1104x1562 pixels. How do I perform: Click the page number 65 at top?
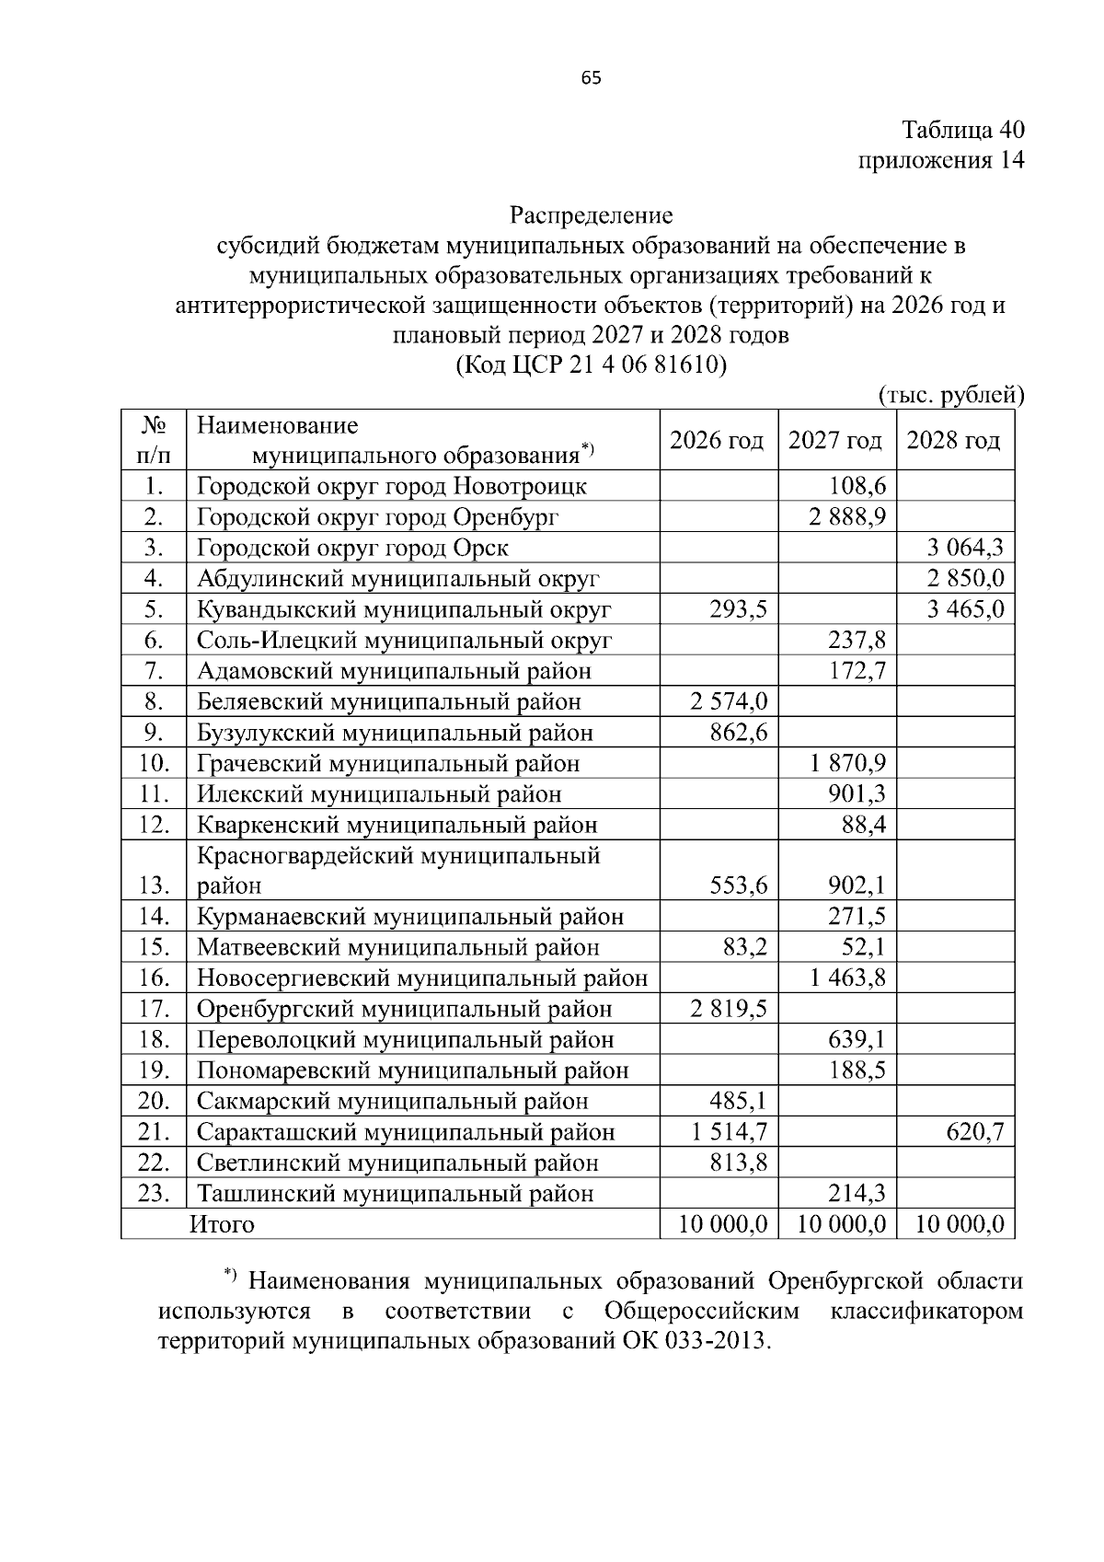tap(592, 78)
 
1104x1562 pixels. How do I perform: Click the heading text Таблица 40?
tap(962, 129)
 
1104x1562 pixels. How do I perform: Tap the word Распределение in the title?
tap(592, 215)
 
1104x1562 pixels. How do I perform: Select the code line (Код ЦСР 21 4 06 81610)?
tap(592, 366)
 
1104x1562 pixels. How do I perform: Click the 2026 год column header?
tap(717, 441)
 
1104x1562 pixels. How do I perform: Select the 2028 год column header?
tap(954, 441)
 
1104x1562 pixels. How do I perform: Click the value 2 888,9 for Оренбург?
tap(847, 517)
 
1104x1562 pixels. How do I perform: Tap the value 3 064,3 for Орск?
tap(965, 549)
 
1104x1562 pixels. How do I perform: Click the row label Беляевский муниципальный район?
tap(389, 702)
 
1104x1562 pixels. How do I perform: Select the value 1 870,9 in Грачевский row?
tap(847, 763)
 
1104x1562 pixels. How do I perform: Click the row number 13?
tap(154, 885)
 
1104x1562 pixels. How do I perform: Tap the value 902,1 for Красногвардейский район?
tap(857, 885)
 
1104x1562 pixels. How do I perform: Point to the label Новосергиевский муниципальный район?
tap(422, 978)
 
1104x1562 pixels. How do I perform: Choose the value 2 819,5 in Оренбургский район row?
tap(729, 1009)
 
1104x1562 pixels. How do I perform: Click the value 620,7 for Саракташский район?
tap(975, 1132)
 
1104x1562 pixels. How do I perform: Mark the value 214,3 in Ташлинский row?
tap(857, 1194)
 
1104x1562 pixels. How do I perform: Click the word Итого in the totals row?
tap(222, 1224)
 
